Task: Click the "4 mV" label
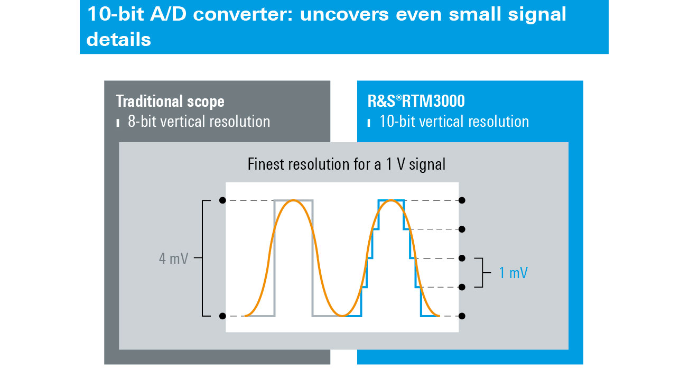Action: pos(173,258)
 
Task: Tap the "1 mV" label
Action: pos(513,273)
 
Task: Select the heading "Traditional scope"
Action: pos(170,101)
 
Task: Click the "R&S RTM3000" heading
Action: pos(416,101)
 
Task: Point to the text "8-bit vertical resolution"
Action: pos(199,121)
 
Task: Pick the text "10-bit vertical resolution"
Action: pos(454,121)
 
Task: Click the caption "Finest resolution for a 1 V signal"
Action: pos(346,164)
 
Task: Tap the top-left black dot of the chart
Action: pos(222,200)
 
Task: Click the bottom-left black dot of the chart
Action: pos(222,316)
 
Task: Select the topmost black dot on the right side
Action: pos(462,200)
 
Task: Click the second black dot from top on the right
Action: pos(462,229)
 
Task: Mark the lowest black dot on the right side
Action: pos(462,316)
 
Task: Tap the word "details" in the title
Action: pos(119,40)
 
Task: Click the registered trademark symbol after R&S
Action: pos(398,98)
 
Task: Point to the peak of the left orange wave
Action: pos(293,200)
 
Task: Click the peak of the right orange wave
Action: pos(390,200)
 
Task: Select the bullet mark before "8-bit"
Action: pos(117,123)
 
